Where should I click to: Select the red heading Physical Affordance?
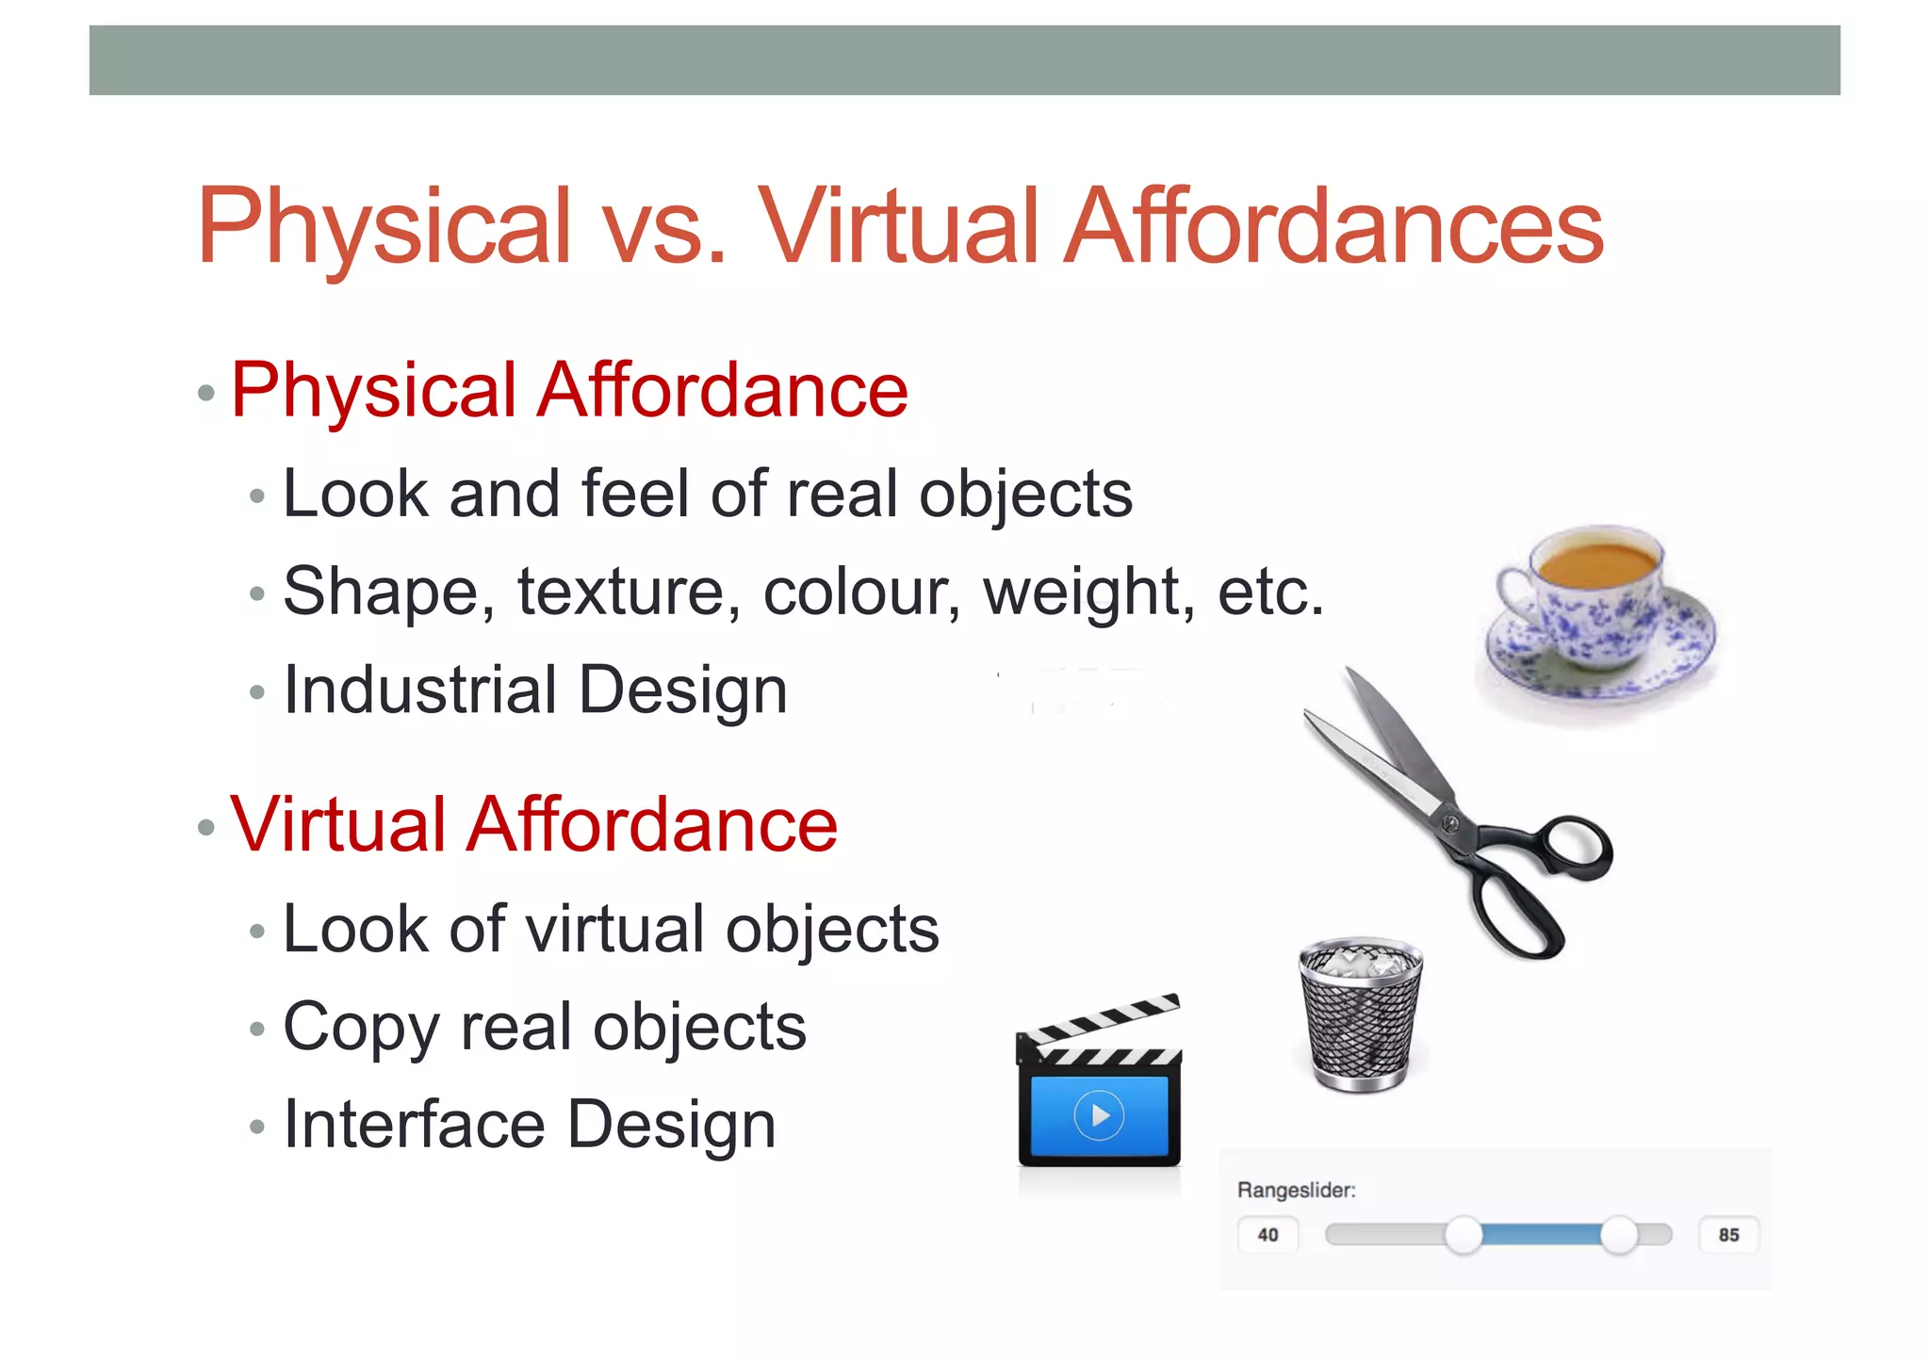[x=569, y=390]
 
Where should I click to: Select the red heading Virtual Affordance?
[x=533, y=824]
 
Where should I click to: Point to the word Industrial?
[x=420, y=690]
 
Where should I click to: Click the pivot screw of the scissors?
[x=1450, y=823]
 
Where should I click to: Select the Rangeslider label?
[x=1296, y=1190]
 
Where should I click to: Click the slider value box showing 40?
[x=1268, y=1235]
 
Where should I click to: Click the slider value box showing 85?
[x=1728, y=1235]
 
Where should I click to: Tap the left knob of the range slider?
[x=1464, y=1235]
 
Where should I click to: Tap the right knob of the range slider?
[x=1619, y=1235]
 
